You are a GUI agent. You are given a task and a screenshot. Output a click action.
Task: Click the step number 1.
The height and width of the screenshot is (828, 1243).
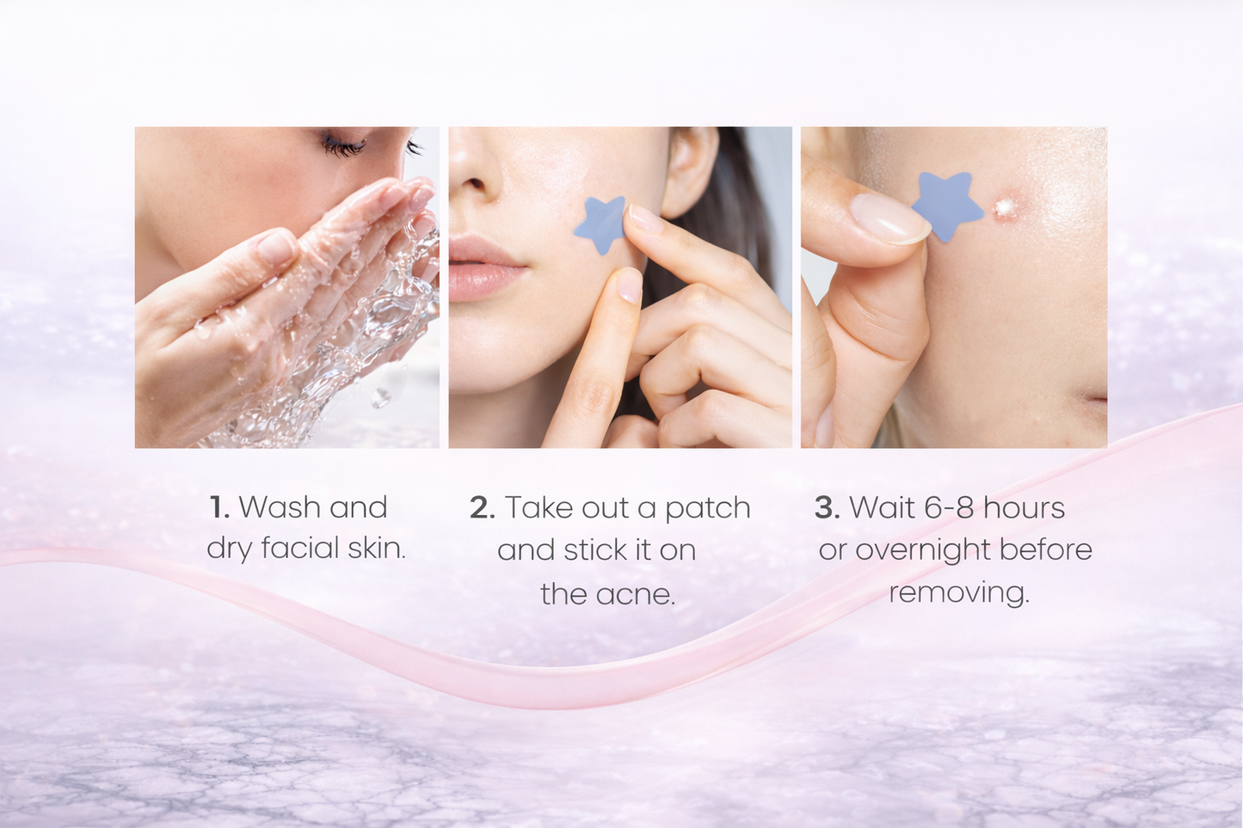pyautogui.click(x=218, y=507)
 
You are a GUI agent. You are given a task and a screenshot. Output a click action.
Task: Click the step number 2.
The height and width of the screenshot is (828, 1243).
pyautogui.click(x=482, y=508)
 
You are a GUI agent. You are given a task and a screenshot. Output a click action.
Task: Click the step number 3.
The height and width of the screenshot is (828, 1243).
pyautogui.click(x=827, y=508)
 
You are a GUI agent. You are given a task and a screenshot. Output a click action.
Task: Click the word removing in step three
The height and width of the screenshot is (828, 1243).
pyautogui.click(x=958, y=592)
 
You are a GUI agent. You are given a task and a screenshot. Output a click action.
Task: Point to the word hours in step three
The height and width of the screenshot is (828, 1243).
pyautogui.click(x=1025, y=508)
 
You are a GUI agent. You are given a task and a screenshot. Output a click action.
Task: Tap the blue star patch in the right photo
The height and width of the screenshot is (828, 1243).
pyautogui.click(x=946, y=205)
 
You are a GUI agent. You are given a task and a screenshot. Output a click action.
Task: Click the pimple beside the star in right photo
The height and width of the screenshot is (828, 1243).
pyautogui.click(x=1003, y=207)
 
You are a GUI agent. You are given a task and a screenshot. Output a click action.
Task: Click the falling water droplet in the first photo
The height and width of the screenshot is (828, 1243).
pyautogui.click(x=379, y=397)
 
